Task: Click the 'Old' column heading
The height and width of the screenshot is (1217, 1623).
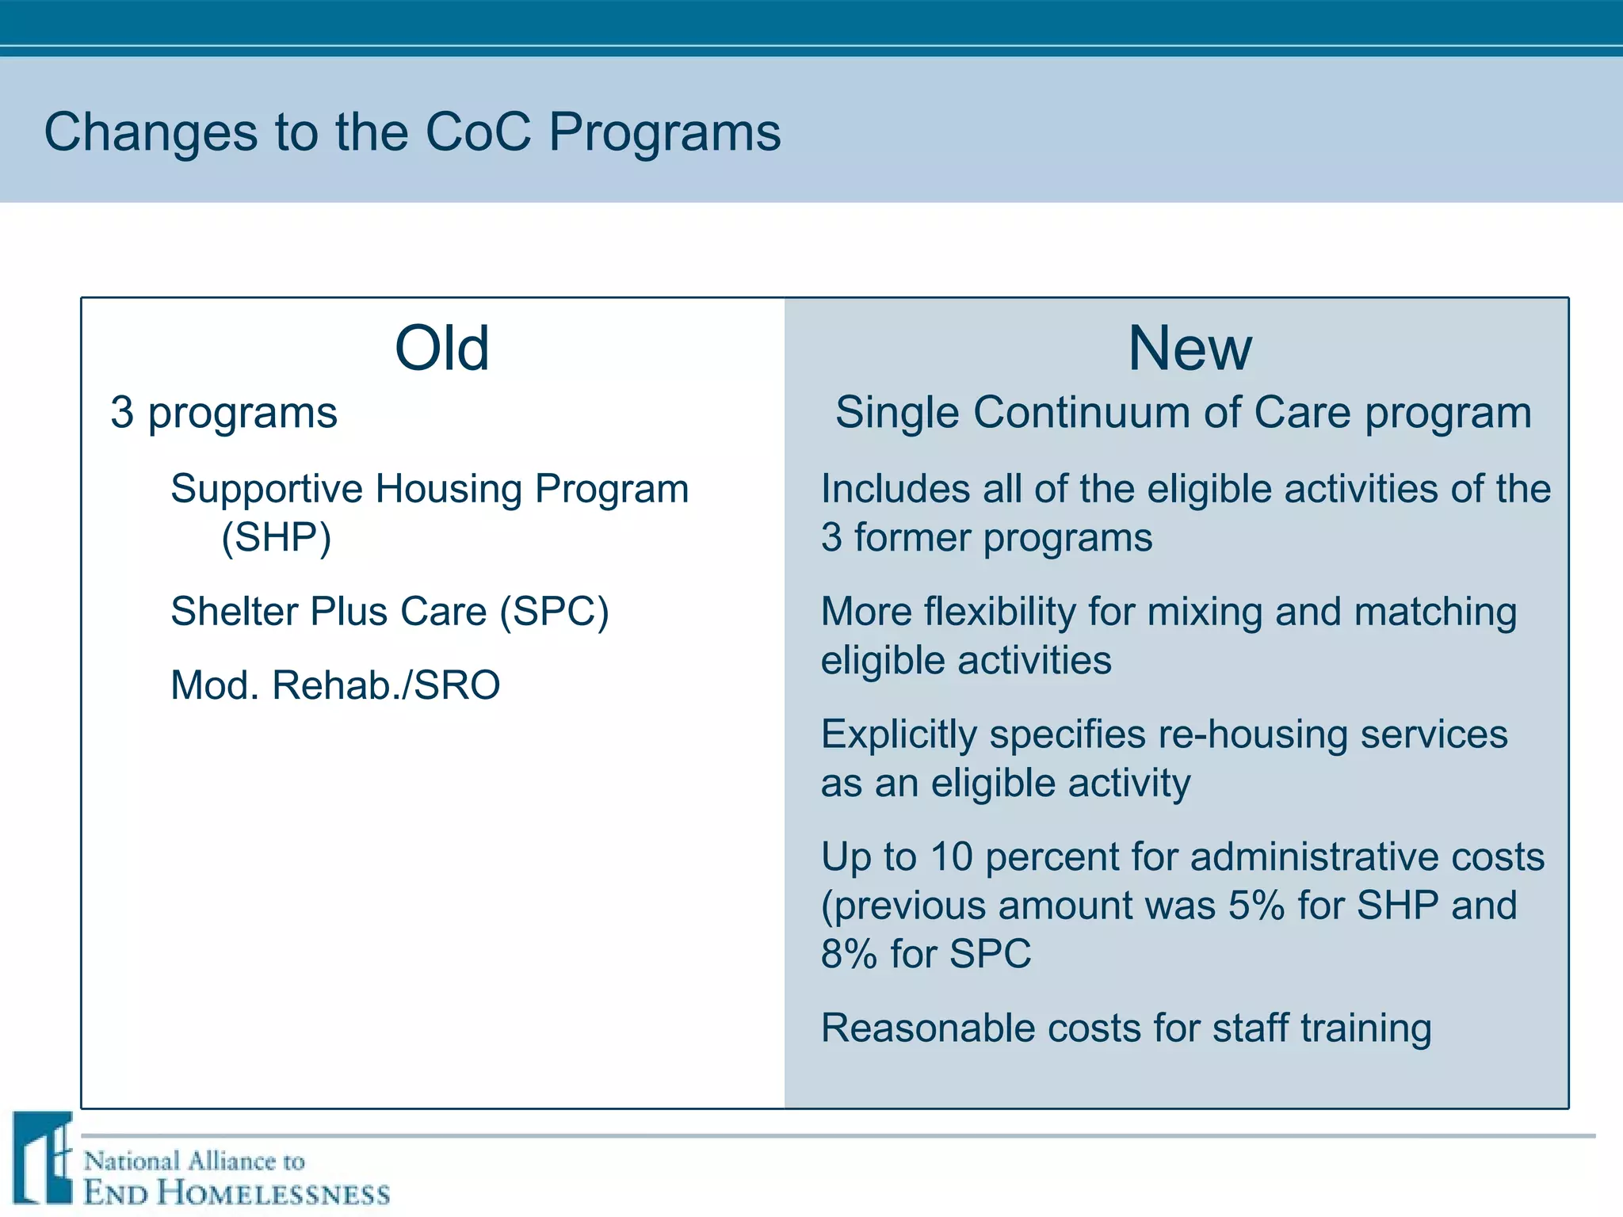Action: (x=441, y=349)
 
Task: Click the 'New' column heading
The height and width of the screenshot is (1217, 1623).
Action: (x=1190, y=349)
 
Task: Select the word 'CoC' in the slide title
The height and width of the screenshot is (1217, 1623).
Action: (x=478, y=132)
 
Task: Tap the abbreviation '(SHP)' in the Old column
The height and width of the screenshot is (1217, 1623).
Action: (x=276, y=538)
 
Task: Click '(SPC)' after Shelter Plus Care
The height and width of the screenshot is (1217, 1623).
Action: (x=554, y=612)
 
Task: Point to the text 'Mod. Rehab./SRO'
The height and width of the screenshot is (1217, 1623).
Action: (x=335, y=685)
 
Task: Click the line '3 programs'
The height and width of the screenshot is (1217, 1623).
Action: (x=223, y=413)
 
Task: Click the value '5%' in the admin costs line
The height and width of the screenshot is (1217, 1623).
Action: (x=1256, y=906)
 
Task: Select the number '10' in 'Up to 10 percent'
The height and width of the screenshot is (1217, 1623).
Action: (x=951, y=857)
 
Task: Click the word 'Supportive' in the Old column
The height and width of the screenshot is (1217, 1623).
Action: (x=267, y=489)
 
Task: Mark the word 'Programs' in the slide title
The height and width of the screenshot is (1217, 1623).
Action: (x=665, y=132)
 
